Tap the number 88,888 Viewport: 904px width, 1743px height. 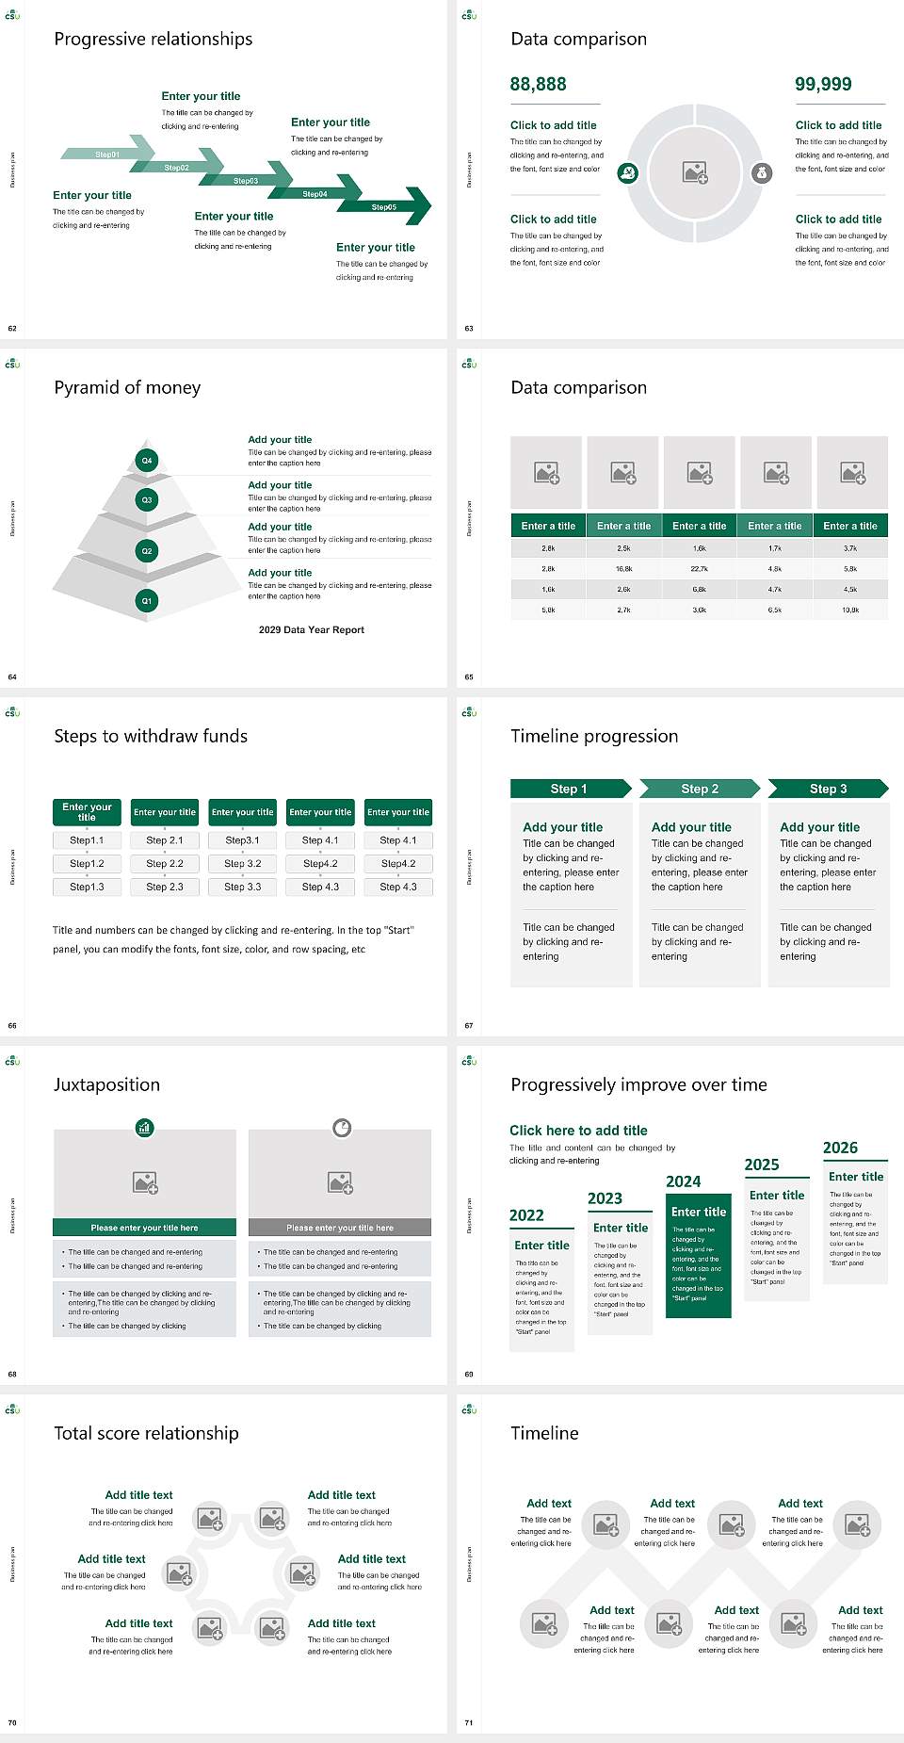point(538,84)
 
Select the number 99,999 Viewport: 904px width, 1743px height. point(823,84)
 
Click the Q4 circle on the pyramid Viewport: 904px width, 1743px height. point(147,461)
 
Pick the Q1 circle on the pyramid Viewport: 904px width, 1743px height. point(147,600)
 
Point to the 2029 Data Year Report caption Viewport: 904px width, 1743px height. point(311,629)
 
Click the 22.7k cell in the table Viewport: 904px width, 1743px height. point(699,569)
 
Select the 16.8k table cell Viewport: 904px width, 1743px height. point(623,569)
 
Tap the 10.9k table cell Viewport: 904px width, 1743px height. point(850,610)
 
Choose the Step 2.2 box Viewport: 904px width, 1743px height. point(165,863)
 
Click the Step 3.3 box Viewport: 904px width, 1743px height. point(242,887)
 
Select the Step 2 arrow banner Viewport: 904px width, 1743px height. point(700,789)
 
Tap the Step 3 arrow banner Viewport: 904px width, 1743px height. point(829,789)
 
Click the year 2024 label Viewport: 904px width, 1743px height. point(684,1181)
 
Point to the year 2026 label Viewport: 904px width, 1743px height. point(840,1148)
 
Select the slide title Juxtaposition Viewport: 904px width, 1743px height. point(106,1084)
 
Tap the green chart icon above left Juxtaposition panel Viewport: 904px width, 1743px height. point(145,1127)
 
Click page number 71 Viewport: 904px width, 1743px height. point(468,1722)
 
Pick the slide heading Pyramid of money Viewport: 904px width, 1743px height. point(127,387)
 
